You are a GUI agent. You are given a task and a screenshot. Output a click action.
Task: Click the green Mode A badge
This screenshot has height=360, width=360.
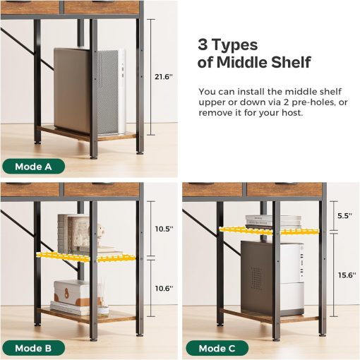pyautogui.click(x=33, y=167)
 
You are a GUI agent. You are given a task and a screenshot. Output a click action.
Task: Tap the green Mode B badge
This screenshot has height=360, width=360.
pyautogui.click(x=33, y=348)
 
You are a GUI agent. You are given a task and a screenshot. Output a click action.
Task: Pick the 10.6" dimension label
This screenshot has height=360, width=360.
pyautogui.click(x=164, y=287)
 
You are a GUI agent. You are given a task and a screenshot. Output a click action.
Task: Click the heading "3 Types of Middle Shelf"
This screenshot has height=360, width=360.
pyautogui.click(x=254, y=54)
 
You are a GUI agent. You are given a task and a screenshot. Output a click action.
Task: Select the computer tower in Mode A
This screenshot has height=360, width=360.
pyautogui.click(x=89, y=90)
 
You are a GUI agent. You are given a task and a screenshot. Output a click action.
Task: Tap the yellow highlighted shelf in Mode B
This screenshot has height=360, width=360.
pyautogui.click(x=78, y=257)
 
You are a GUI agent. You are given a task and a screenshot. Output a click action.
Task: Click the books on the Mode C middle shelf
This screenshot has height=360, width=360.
pyautogui.click(x=264, y=221)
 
